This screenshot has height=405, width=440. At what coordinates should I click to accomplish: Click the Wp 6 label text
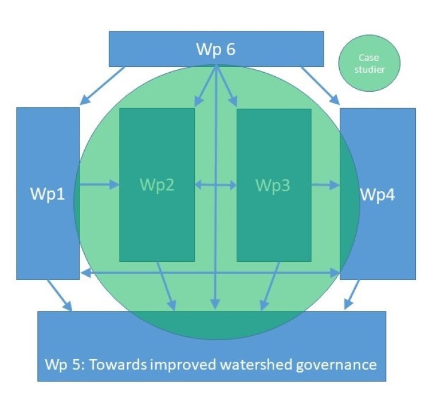point(215,49)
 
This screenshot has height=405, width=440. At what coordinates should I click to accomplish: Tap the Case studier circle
point(368,64)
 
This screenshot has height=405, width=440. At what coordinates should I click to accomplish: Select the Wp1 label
point(48,194)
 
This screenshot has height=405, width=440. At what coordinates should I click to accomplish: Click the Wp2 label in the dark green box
point(156,185)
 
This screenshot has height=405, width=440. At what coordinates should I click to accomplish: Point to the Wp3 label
point(273,185)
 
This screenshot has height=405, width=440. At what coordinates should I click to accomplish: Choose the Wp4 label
point(377,194)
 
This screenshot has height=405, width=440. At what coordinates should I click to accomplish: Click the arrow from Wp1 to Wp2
point(99,184)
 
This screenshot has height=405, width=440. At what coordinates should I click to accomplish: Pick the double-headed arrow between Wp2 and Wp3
point(215,184)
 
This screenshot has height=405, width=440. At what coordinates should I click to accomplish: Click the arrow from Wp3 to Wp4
point(325,184)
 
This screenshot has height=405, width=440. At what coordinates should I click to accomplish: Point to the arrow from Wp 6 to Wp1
point(103,85)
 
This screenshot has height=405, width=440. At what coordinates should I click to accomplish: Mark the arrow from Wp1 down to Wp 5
point(60,295)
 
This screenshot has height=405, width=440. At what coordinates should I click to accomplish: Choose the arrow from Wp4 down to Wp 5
point(352,294)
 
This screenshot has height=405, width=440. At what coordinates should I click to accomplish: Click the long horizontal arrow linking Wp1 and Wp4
point(210,273)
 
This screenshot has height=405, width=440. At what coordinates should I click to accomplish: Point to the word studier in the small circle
point(368,70)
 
